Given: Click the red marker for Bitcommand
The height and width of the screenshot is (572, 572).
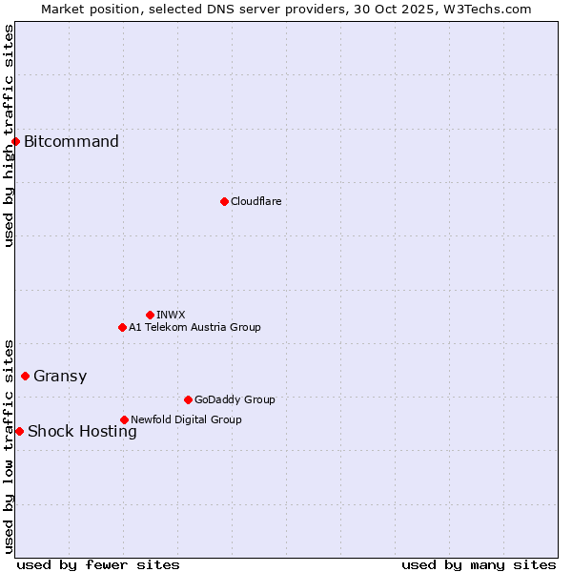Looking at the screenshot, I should [x=15, y=142].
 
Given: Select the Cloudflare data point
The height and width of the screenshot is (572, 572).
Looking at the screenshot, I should [x=224, y=201].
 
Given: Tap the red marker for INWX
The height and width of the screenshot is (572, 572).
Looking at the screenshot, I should [x=150, y=315].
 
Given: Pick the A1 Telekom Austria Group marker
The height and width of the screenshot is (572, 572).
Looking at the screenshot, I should [x=122, y=327].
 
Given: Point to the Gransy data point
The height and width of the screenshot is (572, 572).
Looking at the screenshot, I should [x=25, y=376].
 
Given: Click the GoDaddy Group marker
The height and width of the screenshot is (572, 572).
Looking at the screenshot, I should [x=188, y=399].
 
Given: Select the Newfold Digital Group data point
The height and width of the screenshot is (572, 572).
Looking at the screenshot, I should [x=124, y=419].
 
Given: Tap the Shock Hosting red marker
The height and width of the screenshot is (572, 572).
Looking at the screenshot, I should [x=19, y=431].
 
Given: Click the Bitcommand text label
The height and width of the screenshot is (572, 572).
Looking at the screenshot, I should [x=71, y=142].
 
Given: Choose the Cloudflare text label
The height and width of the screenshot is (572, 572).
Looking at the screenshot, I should [x=255, y=201].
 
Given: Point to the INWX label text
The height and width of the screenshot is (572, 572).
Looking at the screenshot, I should [x=171, y=315].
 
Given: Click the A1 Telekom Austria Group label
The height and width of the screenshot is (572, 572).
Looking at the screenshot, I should [x=194, y=327].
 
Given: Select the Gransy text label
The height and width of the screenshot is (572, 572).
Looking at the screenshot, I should [x=60, y=376].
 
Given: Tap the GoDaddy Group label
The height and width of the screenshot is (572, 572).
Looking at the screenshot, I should [x=235, y=399].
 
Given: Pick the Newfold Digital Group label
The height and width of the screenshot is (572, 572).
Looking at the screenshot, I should [x=186, y=419].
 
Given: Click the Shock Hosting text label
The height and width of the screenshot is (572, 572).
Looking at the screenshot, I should [x=82, y=431].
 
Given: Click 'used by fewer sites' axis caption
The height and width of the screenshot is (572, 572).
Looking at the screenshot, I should [x=98, y=564].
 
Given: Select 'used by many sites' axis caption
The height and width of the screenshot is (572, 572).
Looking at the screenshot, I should [x=479, y=564].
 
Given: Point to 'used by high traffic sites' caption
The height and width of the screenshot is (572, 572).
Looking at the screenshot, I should [x=9, y=135].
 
